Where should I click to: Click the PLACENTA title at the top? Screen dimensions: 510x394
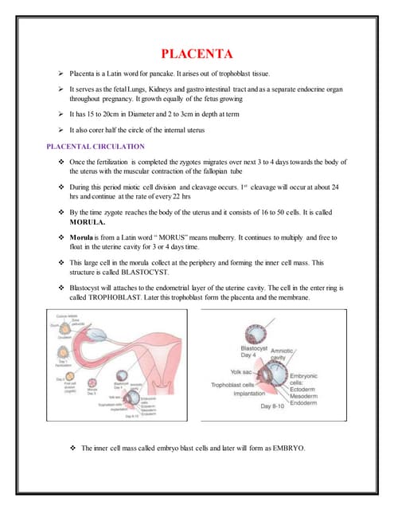pos(197,54)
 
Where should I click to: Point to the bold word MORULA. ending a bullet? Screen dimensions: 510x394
pos(90,222)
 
